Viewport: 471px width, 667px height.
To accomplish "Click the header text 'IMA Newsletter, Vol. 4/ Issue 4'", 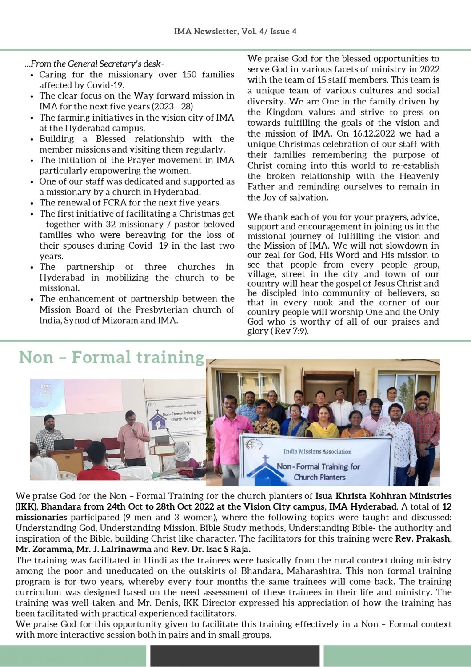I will [x=235, y=32].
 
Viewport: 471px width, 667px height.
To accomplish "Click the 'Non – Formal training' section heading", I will [x=112, y=357].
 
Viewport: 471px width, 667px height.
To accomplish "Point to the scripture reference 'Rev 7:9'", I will [x=289, y=331].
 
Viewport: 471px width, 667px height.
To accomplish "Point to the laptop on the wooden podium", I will [x=63, y=445].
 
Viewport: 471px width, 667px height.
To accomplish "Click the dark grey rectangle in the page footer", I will [x=235, y=655].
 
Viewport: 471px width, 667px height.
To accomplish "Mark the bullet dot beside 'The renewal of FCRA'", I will [x=32, y=203].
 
